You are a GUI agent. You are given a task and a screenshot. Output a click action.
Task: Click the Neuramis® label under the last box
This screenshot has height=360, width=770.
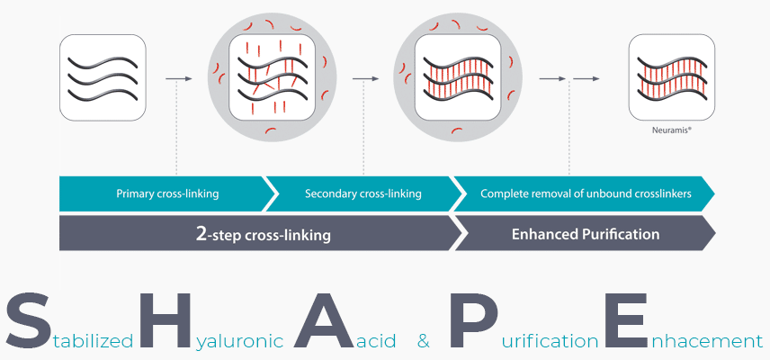coord(664,130)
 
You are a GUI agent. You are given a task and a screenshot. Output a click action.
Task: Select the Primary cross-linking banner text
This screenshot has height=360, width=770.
coord(167,193)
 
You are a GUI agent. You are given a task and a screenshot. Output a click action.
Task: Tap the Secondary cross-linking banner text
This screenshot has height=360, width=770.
coord(363,193)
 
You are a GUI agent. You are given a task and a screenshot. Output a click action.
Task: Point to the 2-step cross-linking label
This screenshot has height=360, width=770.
coord(263,235)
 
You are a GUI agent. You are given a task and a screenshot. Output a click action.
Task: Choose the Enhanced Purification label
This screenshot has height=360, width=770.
coord(586,234)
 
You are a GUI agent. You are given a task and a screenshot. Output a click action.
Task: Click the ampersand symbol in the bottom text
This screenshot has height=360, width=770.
coord(424,342)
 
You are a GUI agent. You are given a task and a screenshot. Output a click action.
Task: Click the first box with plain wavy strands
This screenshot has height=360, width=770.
coord(103,79)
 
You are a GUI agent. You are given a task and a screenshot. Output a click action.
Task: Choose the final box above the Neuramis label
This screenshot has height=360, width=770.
coord(664,79)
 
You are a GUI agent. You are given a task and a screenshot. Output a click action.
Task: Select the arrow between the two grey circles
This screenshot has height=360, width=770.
coord(365,79)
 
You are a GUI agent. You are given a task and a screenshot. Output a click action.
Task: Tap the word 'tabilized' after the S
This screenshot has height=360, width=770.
coord(93,341)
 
